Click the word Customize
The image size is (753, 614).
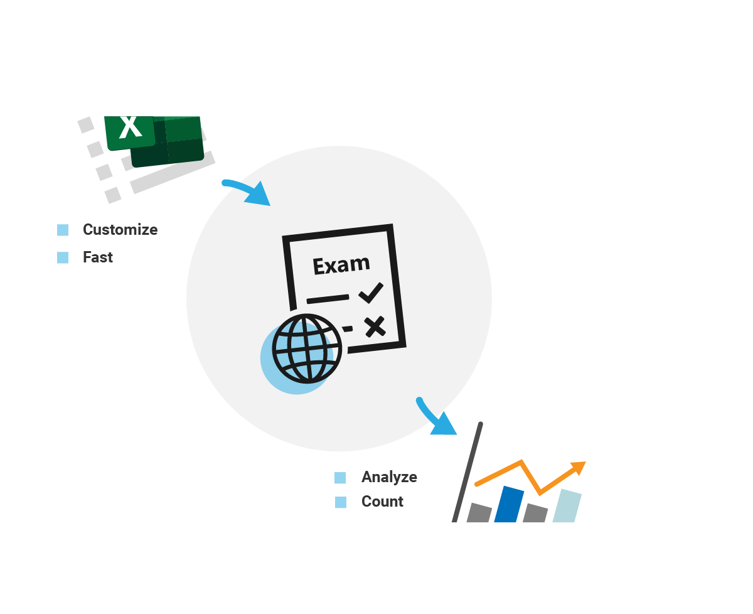(120, 230)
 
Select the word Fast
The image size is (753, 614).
(98, 257)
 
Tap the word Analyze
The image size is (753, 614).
(389, 477)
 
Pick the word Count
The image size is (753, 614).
(382, 502)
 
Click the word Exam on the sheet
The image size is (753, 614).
(341, 265)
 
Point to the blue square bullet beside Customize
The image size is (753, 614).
(63, 230)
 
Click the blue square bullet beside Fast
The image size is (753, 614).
(63, 257)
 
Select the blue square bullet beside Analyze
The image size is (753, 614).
(340, 478)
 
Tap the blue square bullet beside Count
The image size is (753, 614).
(340, 502)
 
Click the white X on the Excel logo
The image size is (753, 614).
(131, 127)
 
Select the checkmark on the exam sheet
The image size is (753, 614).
(371, 293)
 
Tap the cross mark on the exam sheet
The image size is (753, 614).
(375, 326)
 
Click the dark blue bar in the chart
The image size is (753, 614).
(509, 504)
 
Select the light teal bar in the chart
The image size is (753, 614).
(567, 505)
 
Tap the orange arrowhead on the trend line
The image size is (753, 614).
(578, 467)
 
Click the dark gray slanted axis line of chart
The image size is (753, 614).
(467, 471)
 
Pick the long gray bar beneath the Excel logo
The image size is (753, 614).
(172, 172)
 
